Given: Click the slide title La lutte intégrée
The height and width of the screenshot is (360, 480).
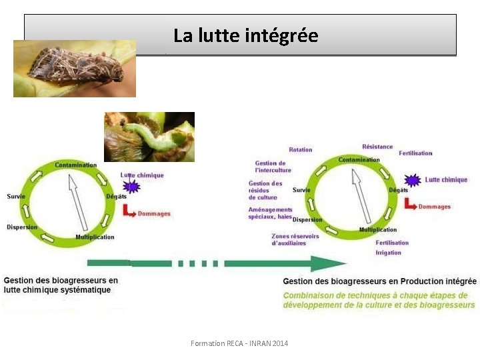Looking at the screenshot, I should [245, 35].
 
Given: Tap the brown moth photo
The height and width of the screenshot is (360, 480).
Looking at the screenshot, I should [75, 69].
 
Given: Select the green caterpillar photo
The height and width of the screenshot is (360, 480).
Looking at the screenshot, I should [149, 137].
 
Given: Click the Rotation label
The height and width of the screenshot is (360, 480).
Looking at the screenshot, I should [301, 149].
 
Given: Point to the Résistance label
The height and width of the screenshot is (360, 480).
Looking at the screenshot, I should [377, 147].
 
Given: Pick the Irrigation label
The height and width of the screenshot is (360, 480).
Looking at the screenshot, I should [388, 253].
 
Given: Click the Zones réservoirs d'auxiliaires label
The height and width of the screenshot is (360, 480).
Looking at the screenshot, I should [295, 239].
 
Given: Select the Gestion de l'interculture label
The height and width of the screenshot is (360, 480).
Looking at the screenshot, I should [270, 166].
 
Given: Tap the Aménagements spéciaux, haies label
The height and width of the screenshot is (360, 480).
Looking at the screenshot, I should [270, 213].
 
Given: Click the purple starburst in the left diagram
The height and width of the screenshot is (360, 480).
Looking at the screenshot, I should [131, 187].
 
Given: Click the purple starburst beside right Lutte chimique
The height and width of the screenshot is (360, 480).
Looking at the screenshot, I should [413, 180].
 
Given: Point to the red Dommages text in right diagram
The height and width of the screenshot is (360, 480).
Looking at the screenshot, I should [434, 207].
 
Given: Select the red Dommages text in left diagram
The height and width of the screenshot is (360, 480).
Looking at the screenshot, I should [154, 214].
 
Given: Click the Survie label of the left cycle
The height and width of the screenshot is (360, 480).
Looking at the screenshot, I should [16, 196].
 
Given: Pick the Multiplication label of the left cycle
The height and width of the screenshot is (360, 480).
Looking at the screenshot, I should [95, 237].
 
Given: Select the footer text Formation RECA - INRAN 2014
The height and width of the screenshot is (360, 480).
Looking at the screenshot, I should [239, 343].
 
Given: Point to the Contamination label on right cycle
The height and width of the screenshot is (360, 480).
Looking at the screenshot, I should [359, 160].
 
